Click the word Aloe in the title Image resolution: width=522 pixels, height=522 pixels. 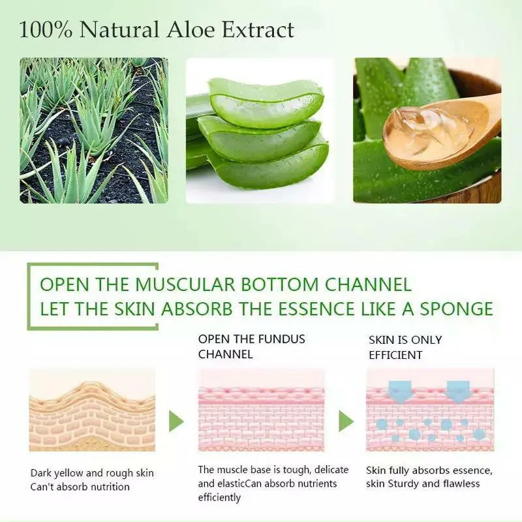(x=191, y=29)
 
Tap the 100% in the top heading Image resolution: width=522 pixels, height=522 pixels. (x=46, y=29)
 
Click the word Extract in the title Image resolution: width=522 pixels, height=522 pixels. (x=258, y=29)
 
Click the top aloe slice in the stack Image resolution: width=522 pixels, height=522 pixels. (x=266, y=102)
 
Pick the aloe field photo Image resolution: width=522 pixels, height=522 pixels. (x=94, y=130)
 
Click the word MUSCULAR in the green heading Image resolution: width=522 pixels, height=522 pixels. (x=185, y=284)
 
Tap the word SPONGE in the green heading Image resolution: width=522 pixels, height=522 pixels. (x=455, y=309)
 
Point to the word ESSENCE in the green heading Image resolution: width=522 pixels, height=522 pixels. (x=318, y=309)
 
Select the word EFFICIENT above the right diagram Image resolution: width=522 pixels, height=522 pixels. (x=395, y=355)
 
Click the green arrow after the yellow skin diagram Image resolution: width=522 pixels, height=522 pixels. (x=176, y=422)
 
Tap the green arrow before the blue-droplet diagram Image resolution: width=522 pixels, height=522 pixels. (x=346, y=422)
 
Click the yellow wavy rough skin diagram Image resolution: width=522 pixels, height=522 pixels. (x=92, y=416)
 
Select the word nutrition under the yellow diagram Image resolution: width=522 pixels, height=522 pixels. (x=110, y=487)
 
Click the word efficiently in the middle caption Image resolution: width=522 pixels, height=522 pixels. (x=219, y=498)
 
